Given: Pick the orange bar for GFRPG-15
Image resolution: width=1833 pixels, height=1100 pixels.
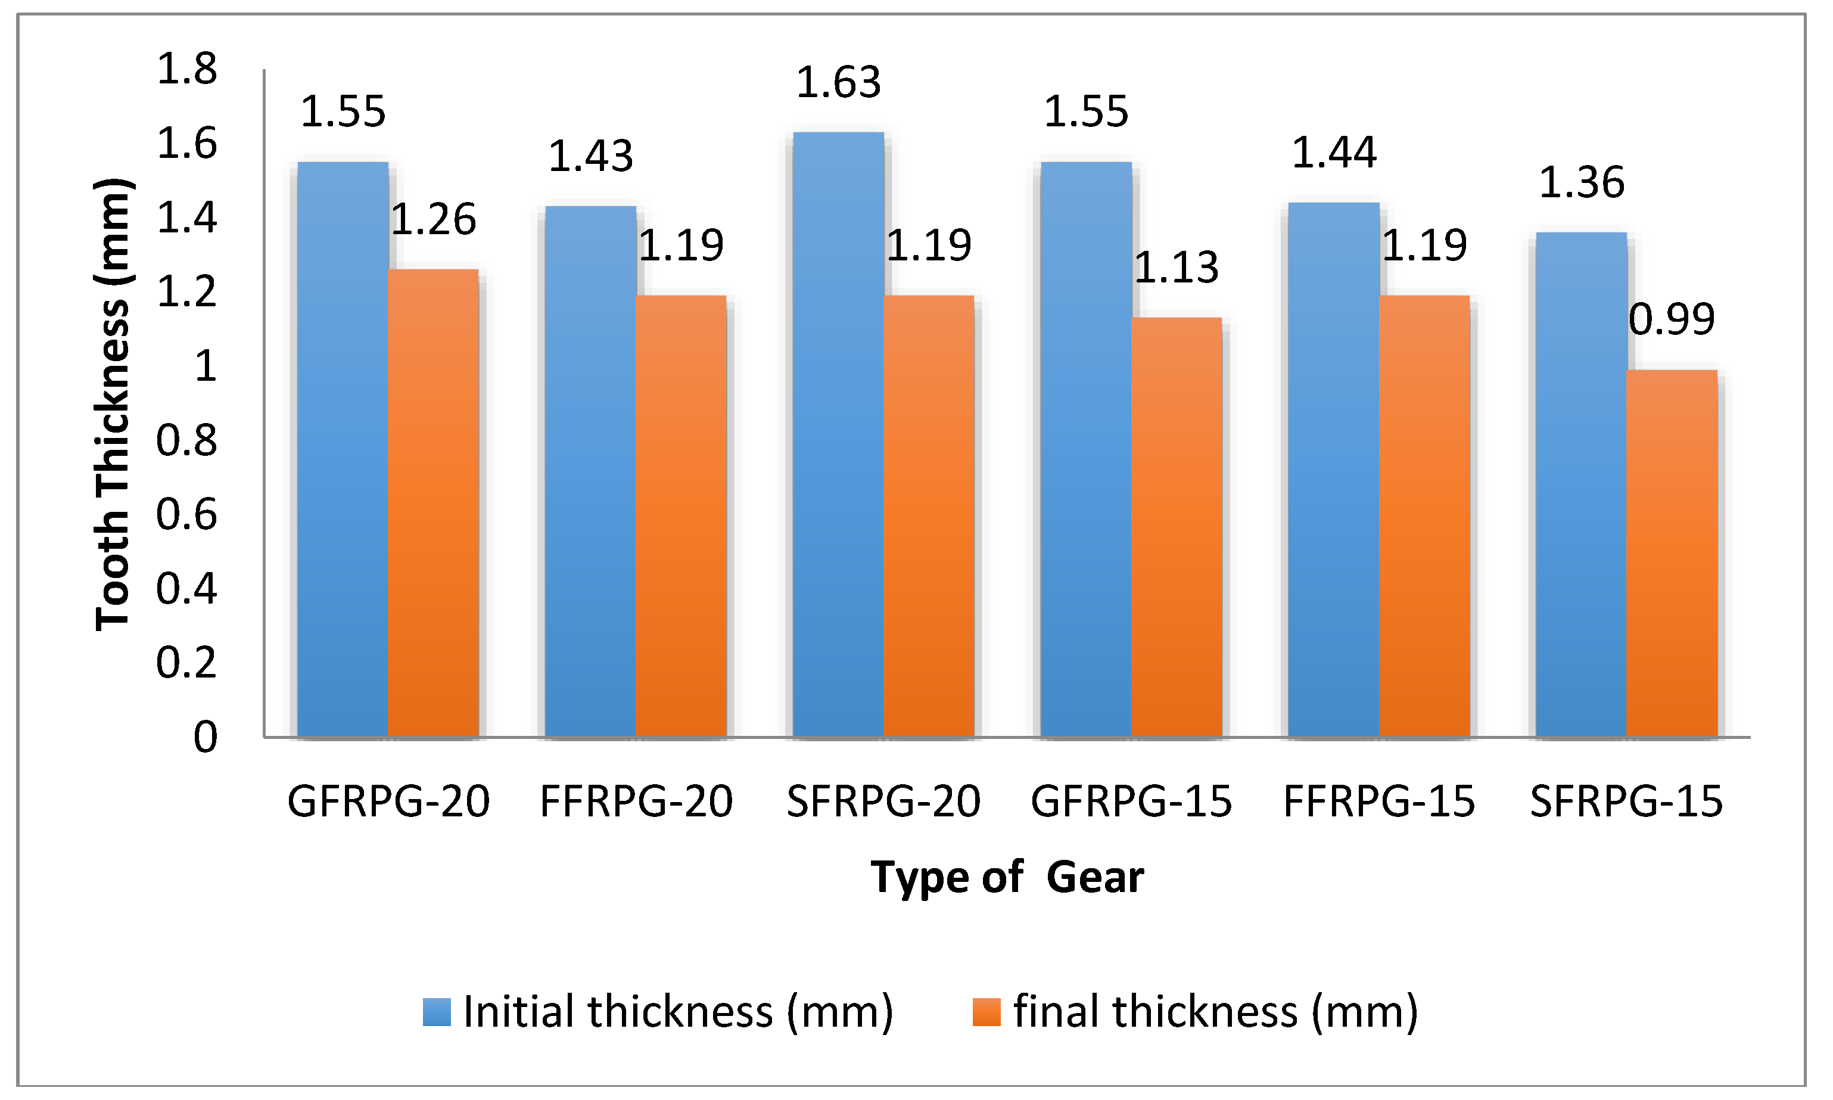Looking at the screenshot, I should [1177, 527].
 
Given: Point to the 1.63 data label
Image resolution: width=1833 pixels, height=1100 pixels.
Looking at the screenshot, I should [838, 82].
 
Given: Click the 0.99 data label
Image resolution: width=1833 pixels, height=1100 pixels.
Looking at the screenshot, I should [1672, 319].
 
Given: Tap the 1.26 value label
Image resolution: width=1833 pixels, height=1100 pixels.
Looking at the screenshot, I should [434, 219].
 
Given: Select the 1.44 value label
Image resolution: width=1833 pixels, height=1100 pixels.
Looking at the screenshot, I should [1334, 153].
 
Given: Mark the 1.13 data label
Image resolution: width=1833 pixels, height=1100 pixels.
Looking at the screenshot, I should [1177, 268].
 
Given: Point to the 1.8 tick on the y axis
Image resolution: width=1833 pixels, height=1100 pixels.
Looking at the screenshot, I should [186, 69].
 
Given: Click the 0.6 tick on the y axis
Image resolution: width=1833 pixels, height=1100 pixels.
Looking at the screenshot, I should [186, 514].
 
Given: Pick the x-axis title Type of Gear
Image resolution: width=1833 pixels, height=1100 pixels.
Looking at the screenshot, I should [1007, 878].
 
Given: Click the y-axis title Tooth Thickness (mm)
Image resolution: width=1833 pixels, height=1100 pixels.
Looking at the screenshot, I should [113, 404].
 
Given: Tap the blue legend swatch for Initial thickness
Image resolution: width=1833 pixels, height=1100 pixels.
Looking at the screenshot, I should [437, 1012].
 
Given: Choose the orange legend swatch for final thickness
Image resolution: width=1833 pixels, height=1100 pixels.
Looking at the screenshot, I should [986, 1012].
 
